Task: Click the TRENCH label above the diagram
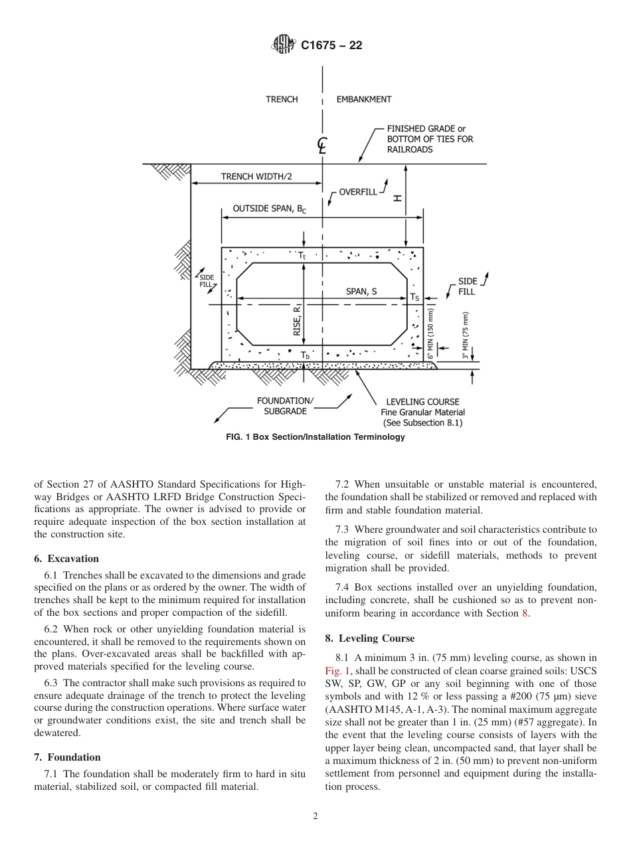(x=282, y=100)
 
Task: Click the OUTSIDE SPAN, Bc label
(x=269, y=209)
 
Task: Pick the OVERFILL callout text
(x=357, y=192)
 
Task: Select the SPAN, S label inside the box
(x=361, y=291)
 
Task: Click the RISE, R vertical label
(x=297, y=320)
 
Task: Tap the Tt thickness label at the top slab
(x=302, y=255)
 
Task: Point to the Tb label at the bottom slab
(x=305, y=356)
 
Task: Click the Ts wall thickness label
(x=414, y=297)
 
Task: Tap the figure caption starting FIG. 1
(x=315, y=437)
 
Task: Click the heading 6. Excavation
(x=66, y=559)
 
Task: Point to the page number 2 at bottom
(x=315, y=816)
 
